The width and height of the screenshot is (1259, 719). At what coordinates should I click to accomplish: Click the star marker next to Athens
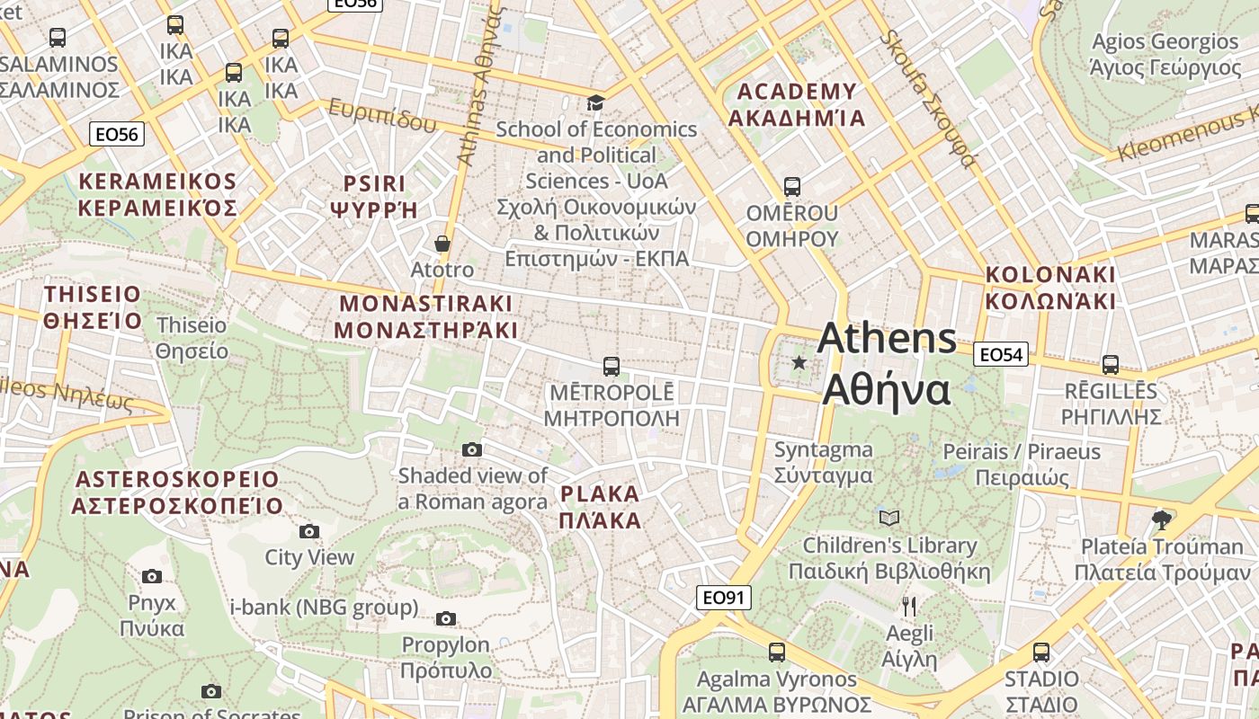pyautogui.click(x=799, y=362)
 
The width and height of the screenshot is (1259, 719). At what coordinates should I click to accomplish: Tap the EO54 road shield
pyautogui.click(x=1000, y=355)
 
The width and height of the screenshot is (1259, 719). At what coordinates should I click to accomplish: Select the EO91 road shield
pyautogui.click(x=723, y=598)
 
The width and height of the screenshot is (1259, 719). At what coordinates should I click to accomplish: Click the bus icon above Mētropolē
pyautogui.click(x=612, y=366)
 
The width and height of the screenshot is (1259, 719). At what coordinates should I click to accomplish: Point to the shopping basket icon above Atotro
pyautogui.click(x=442, y=244)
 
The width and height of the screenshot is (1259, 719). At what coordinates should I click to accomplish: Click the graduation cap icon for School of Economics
pyautogui.click(x=595, y=102)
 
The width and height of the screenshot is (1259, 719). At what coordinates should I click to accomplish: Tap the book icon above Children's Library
pyautogui.click(x=888, y=518)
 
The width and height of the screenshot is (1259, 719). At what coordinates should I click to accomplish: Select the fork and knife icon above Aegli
pyautogui.click(x=909, y=607)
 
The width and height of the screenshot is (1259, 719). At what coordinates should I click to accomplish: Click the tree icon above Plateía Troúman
pyautogui.click(x=1161, y=519)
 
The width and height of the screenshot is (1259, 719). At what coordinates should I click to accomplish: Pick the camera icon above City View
pyautogui.click(x=309, y=531)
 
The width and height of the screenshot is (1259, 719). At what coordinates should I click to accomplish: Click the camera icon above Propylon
pyautogui.click(x=445, y=618)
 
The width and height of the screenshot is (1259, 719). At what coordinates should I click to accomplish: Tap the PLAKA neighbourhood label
pyautogui.click(x=600, y=507)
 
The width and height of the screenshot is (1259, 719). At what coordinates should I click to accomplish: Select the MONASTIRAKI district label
pyautogui.click(x=425, y=316)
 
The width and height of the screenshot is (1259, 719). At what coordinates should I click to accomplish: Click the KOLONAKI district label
pyautogui.click(x=1049, y=288)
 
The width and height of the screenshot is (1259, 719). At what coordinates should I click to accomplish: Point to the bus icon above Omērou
pyautogui.click(x=791, y=187)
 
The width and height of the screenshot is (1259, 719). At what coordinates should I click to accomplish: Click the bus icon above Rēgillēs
pyautogui.click(x=1111, y=365)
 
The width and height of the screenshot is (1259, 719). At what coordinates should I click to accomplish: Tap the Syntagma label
pyautogui.click(x=823, y=462)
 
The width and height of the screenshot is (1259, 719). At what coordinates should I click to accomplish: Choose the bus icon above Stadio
pyautogui.click(x=1041, y=652)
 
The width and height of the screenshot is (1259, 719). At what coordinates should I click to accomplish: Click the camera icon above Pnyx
pyautogui.click(x=152, y=576)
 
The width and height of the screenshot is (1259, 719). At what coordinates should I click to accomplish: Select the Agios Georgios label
pyautogui.click(x=1165, y=54)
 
